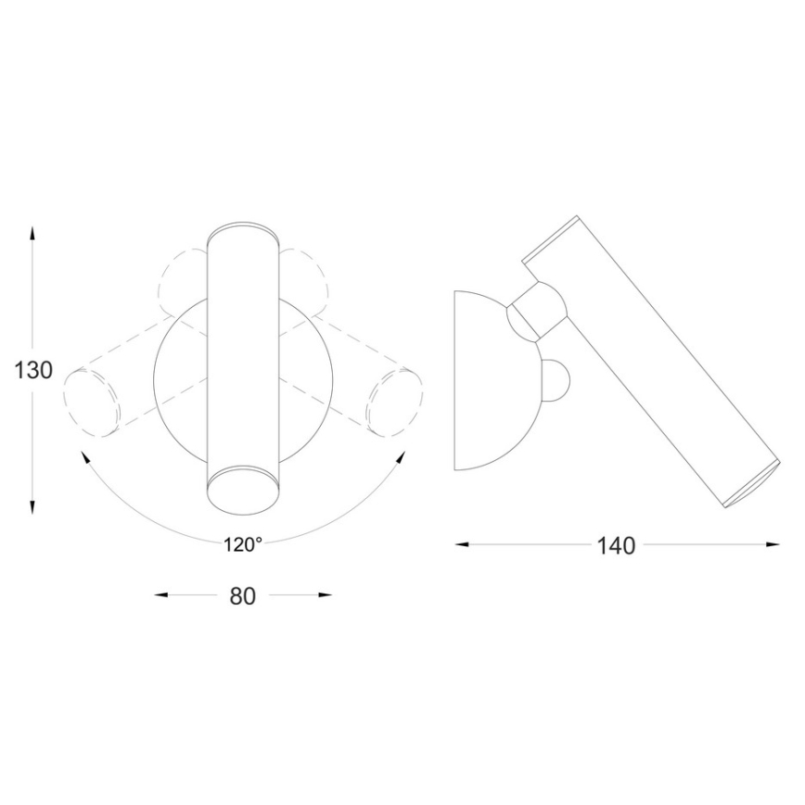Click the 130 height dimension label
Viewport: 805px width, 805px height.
click(34, 371)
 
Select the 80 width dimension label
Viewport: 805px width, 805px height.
click(242, 596)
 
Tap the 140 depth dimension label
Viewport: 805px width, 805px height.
click(617, 546)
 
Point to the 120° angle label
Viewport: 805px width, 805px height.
click(242, 545)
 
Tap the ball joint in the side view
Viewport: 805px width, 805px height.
click(536, 311)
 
